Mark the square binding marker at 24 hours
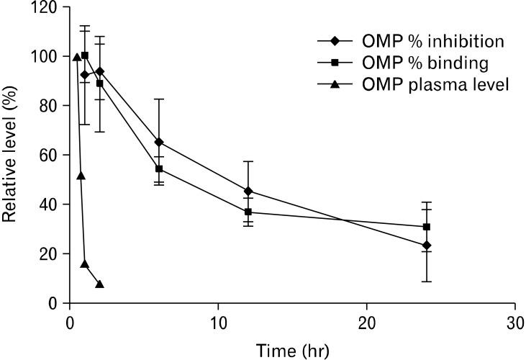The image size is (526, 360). [x=427, y=227]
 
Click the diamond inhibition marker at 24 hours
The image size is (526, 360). [x=427, y=246]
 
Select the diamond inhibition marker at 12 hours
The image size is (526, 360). [x=248, y=192]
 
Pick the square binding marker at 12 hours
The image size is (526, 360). [x=248, y=212]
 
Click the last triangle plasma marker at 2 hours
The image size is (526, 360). [x=99, y=284]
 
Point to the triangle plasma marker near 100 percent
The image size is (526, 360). [x=77, y=57]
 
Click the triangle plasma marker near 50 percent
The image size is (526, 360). [x=81, y=175]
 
